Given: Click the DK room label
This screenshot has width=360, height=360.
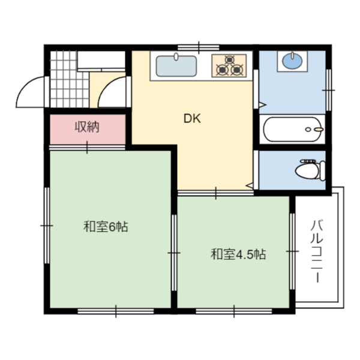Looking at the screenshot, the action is (x=192, y=118).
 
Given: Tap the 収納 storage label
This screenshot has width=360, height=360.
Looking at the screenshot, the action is (x=87, y=127).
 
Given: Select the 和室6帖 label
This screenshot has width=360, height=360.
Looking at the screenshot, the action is (x=106, y=226).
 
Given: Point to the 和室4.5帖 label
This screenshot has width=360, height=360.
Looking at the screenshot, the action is (x=238, y=254).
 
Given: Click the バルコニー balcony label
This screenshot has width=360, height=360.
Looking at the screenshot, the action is (x=317, y=251).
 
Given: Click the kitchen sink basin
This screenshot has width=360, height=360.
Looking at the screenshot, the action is (x=176, y=66).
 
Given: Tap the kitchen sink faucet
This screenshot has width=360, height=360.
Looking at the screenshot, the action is (x=176, y=56).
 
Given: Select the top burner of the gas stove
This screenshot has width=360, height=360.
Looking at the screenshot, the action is (x=229, y=59).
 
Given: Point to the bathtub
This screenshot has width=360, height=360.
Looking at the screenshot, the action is (x=292, y=129).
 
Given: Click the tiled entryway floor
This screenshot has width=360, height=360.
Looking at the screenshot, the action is (x=69, y=79).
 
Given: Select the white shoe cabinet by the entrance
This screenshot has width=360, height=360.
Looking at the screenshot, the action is (x=101, y=61).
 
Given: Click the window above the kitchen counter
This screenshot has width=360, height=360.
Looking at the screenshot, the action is (x=199, y=47).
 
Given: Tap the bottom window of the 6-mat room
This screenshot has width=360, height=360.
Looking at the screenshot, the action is (x=116, y=311).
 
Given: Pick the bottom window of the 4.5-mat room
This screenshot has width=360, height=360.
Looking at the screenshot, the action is (x=234, y=311).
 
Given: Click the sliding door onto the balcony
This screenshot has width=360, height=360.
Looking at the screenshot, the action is (x=292, y=251).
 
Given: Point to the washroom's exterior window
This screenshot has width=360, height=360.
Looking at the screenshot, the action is (x=329, y=90).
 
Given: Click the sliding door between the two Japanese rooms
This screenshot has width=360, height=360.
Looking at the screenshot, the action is (x=174, y=253).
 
